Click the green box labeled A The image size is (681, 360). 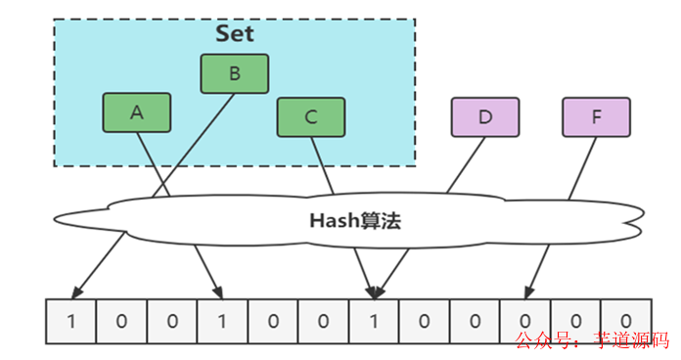136,112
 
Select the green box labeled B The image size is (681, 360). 234,73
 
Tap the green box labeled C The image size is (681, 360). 310,117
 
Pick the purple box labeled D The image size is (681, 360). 484,116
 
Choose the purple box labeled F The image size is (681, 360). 596,116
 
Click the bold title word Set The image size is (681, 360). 234,33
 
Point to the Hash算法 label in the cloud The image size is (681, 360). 355,221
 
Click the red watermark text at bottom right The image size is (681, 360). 592,340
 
